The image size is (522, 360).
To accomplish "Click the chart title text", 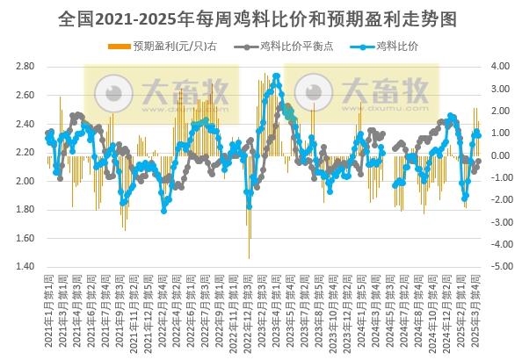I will pos(260,18).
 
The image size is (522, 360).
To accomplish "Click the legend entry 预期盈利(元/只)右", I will pos(167,45).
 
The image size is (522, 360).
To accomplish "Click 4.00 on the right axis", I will pos(501,67).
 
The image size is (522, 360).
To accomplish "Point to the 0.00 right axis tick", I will pos(501,155).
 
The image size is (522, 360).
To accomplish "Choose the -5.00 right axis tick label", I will pos(499,266).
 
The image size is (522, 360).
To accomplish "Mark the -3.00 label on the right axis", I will pos(499,222).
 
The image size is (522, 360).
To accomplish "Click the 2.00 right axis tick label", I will pos(501,111).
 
